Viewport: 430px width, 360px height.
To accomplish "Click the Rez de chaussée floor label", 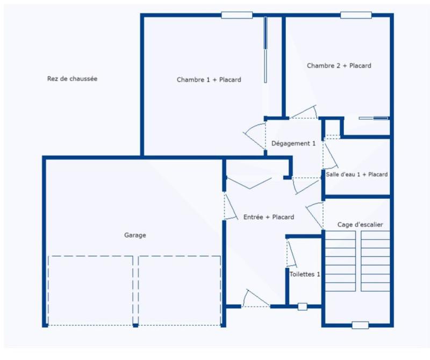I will tap(72, 78).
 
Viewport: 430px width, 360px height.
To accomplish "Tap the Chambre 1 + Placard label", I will tap(209, 80).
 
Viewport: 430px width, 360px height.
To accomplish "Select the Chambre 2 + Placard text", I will tap(339, 66).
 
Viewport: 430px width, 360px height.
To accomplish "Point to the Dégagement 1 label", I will tap(293, 143).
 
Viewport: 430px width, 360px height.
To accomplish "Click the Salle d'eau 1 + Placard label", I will tap(356, 174).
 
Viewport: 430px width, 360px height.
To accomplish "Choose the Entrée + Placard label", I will tap(268, 217).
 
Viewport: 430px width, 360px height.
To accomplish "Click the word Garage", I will tap(135, 235).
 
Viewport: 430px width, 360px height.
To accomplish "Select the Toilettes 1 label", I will tap(305, 274).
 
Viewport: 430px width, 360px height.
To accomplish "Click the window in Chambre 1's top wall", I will tap(237, 15).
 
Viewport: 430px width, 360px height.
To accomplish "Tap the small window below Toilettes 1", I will tap(302, 306).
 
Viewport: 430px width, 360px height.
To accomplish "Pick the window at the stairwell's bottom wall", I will tap(360, 325).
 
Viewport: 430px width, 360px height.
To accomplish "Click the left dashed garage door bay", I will tap(90, 290).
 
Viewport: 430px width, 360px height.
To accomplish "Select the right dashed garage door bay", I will tap(180, 290).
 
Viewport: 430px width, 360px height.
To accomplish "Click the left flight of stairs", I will tap(340, 261).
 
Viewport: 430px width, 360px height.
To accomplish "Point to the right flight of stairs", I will tap(375, 261).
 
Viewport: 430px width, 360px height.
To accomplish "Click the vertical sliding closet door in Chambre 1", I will tap(265, 49).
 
